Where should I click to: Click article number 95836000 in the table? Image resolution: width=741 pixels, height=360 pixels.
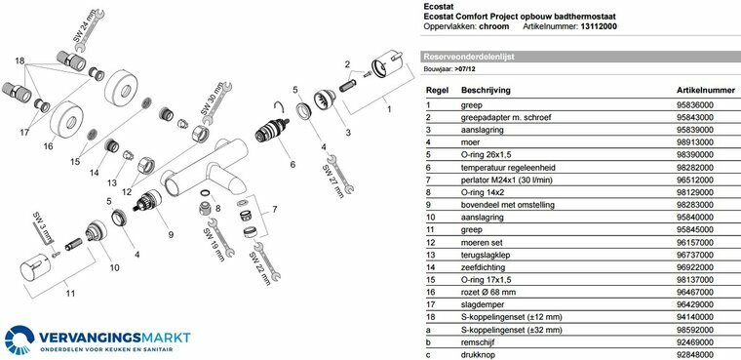(x=695, y=105)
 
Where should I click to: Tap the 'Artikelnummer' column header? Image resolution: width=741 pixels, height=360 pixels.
(x=706, y=90)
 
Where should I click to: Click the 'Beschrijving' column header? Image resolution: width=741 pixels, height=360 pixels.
(x=486, y=90)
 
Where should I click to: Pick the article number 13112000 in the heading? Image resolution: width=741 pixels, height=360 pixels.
(x=599, y=26)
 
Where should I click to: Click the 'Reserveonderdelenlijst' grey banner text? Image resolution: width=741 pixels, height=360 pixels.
(x=469, y=57)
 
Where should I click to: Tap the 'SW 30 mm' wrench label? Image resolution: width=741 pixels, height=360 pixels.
(x=211, y=99)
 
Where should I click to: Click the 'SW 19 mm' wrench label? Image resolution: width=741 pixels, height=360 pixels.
(x=212, y=245)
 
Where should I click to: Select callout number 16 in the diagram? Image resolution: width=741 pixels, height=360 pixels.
(x=48, y=146)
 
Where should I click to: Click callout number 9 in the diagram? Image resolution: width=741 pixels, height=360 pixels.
(x=171, y=234)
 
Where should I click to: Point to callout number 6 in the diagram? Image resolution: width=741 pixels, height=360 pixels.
(x=292, y=164)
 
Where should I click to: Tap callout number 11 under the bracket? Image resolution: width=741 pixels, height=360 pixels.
(x=70, y=294)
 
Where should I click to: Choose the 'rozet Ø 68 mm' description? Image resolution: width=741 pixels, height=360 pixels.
(x=488, y=293)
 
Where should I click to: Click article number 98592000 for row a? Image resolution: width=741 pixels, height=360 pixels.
(x=695, y=330)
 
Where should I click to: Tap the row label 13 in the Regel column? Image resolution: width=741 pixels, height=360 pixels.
(x=430, y=255)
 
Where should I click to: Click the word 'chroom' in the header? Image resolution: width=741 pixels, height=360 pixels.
(x=494, y=26)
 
